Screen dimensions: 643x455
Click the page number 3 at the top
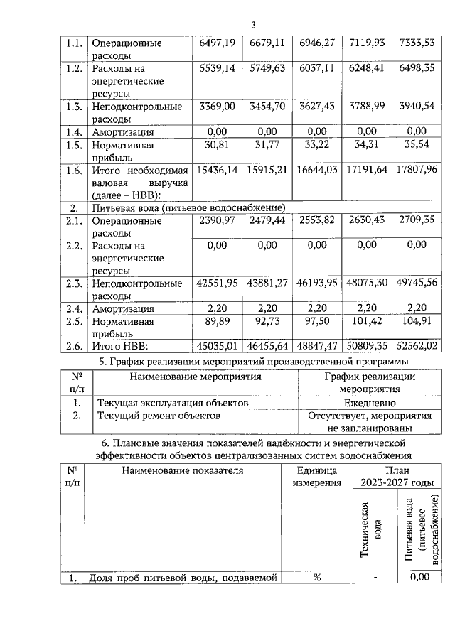pos(252,26)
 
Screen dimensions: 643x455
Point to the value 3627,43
pos(316,107)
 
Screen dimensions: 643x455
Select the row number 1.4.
pos(73,131)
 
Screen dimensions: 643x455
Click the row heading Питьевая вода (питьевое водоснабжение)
pos(188,207)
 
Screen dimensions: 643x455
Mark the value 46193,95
pos(316,284)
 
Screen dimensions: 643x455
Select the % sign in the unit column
pos(317,577)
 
